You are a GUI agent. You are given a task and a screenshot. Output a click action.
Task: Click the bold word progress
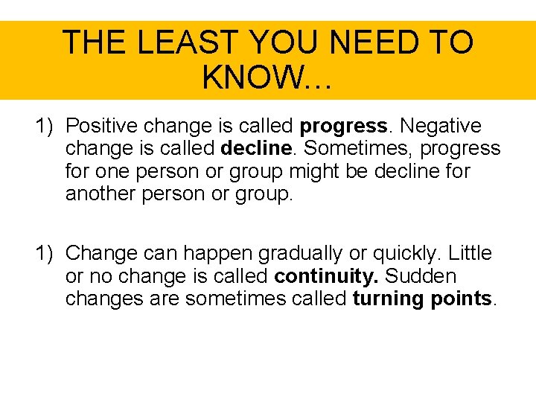343,126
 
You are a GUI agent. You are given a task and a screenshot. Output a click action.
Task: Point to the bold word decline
254,149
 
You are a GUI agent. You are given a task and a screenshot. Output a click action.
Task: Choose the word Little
469,254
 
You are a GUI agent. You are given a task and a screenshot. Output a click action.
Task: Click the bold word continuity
326,276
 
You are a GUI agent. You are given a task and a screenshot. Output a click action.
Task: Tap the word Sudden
421,276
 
